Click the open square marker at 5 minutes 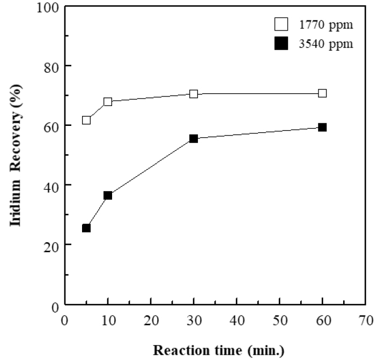tap(86, 120)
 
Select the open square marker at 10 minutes tap(108, 101)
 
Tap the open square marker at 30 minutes tap(194, 94)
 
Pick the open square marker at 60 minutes tap(322, 93)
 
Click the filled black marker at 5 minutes tap(86, 228)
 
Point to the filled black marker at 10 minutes tap(108, 196)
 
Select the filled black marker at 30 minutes tap(194, 138)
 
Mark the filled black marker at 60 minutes tap(322, 127)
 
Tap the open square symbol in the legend tap(282, 25)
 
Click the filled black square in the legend tap(282, 44)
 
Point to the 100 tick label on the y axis tap(49, 7)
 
